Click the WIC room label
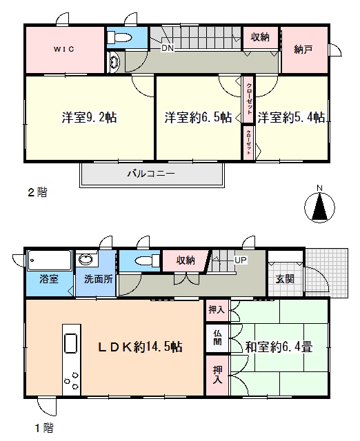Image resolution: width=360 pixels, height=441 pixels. point(64,49)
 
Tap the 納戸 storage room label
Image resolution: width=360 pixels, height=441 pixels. point(303,50)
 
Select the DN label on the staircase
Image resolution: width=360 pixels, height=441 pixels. point(168,48)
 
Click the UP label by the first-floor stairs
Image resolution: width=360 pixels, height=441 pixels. point(241,260)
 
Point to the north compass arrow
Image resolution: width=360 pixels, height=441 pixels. point(320,207)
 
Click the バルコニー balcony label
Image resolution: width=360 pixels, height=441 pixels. point(152,173)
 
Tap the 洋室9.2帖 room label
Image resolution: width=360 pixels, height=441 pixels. point(89,117)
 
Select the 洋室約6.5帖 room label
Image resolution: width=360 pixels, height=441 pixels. point(199,117)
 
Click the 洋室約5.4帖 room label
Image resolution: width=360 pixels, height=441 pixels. point(291,117)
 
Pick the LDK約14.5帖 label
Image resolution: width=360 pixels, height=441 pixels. point(140,347)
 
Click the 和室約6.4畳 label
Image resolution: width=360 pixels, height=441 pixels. point(279,347)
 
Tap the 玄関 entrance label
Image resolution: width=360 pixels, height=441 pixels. point(285,279)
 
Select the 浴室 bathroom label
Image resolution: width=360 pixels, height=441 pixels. point(49,279)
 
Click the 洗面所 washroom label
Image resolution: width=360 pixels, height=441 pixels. point(99,279)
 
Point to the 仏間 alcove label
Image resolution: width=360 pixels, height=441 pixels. point(217,338)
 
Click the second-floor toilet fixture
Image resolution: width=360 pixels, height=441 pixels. point(119,37)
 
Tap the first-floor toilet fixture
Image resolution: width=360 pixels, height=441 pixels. point(147,260)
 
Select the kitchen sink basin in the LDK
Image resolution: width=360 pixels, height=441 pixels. point(71,343)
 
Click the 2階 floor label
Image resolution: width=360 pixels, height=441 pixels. point(37,192)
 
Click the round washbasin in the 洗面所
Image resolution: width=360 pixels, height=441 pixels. point(86,260)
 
